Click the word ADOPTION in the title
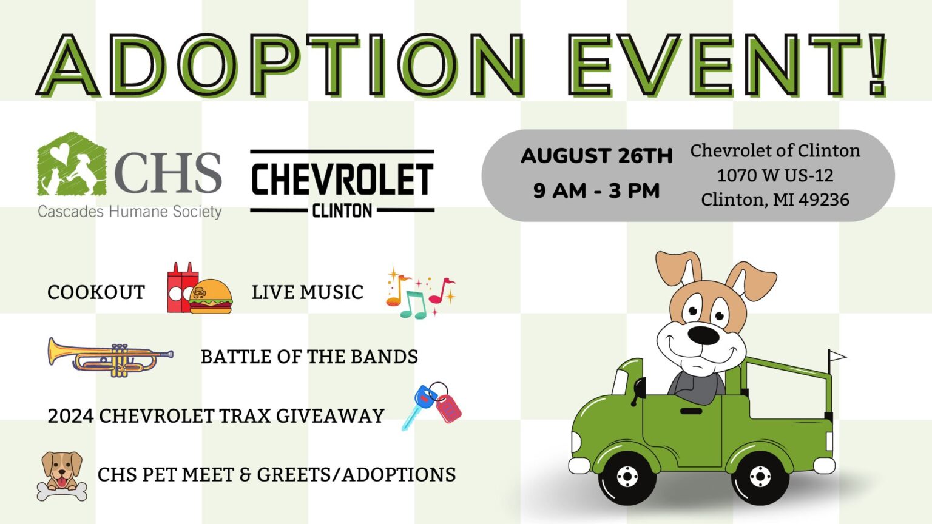pyautogui.click(x=281, y=65)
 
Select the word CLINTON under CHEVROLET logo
pyautogui.click(x=342, y=210)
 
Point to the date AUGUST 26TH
pyautogui.click(x=596, y=156)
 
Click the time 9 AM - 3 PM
pyautogui.click(x=596, y=191)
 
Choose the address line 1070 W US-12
pyautogui.click(x=775, y=175)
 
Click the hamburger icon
pyautogui.click(x=211, y=296)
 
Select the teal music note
pyautogui.click(x=413, y=305)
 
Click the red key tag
pyautogui.click(x=448, y=408)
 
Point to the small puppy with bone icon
pyautogui.click(x=62, y=475)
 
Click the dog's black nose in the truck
pyautogui.click(x=703, y=335)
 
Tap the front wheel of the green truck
pyautogui.click(x=627, y=477)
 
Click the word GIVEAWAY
pyautogui.click(x=330, y=415)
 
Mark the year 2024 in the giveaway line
pyautogui.click(x=71, y=415)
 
